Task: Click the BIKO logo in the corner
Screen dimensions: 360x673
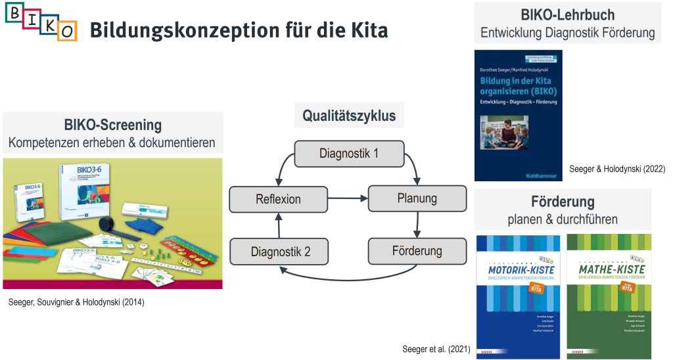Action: (41, 22)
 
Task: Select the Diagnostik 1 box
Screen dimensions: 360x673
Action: (348, 154)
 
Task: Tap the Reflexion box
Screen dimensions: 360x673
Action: (277, 198)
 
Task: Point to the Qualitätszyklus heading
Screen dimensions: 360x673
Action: (349, 116)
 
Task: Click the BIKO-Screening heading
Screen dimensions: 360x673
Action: (113, 125)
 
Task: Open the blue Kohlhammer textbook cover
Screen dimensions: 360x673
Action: (518, 115)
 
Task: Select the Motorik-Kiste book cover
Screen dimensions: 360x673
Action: (518, 296)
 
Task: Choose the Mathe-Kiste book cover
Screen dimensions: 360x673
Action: (609, 296)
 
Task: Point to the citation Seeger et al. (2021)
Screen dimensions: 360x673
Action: (436, 348)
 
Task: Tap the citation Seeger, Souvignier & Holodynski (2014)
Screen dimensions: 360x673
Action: (76, 303)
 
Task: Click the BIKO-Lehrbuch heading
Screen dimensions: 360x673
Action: (567, 15)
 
